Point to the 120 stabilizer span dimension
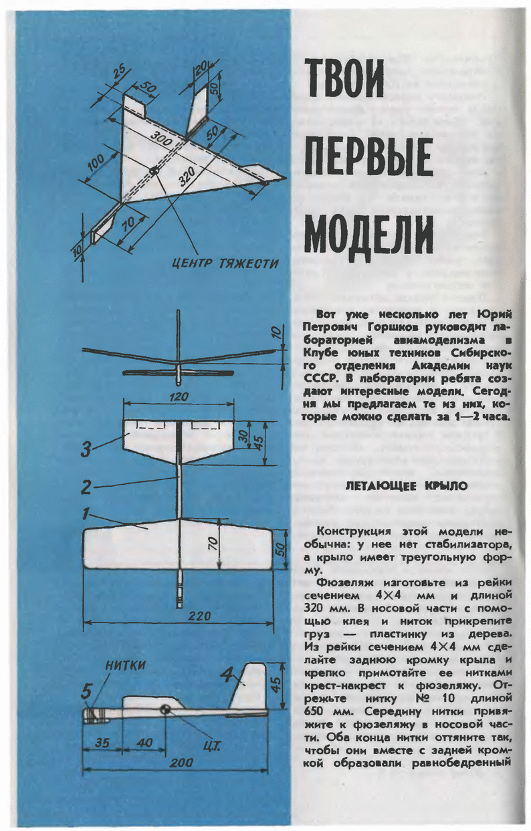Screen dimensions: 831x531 click(179, 396)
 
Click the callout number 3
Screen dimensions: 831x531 click(88, 451)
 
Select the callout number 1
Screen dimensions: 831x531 click(86, 515)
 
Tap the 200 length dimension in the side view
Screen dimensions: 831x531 click(177, 763)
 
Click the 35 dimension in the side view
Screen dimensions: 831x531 click(102, 742)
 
